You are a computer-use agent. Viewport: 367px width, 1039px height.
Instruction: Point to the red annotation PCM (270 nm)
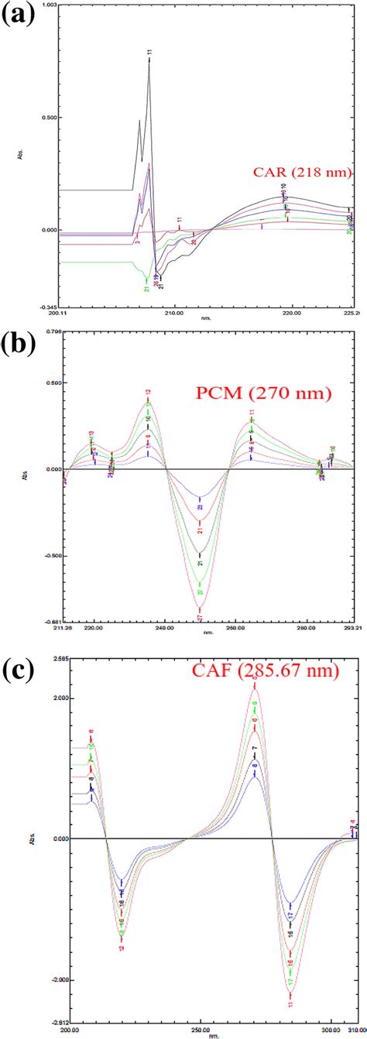[278, 394]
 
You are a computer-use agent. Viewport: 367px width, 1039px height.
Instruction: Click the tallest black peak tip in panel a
[149, 58]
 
